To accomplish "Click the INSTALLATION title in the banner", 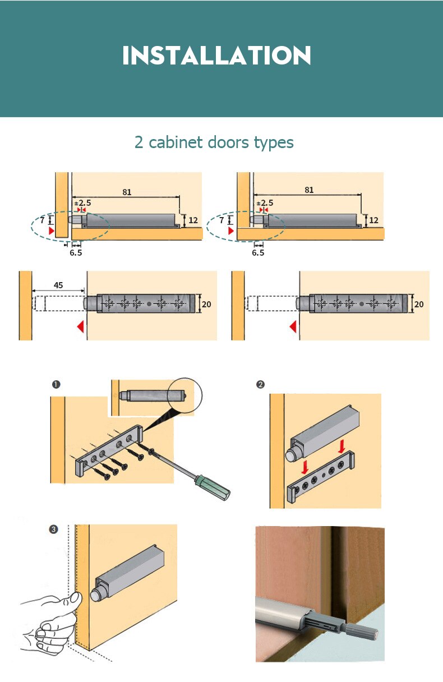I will (x=216, y=56).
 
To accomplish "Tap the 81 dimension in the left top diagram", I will (x=127, y=192).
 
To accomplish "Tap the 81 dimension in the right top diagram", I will (x=309, y=190).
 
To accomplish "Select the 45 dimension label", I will (x=58, y=285).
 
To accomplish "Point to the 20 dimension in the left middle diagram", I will (x=206, y=305).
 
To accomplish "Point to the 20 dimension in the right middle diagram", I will (x=419, y=305).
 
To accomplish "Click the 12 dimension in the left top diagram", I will (x=193, y=220).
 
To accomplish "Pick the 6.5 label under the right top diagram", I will (x=258, y=253).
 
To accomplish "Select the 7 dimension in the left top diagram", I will (x=42, y=220).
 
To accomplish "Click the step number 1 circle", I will (x=56, y=385).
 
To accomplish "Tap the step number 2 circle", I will (x=260, y=385).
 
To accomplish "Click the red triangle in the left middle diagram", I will (x=81, y=326).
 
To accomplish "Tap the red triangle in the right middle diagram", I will (x=293, y=326).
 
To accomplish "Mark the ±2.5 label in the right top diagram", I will (x=264, y=203).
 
